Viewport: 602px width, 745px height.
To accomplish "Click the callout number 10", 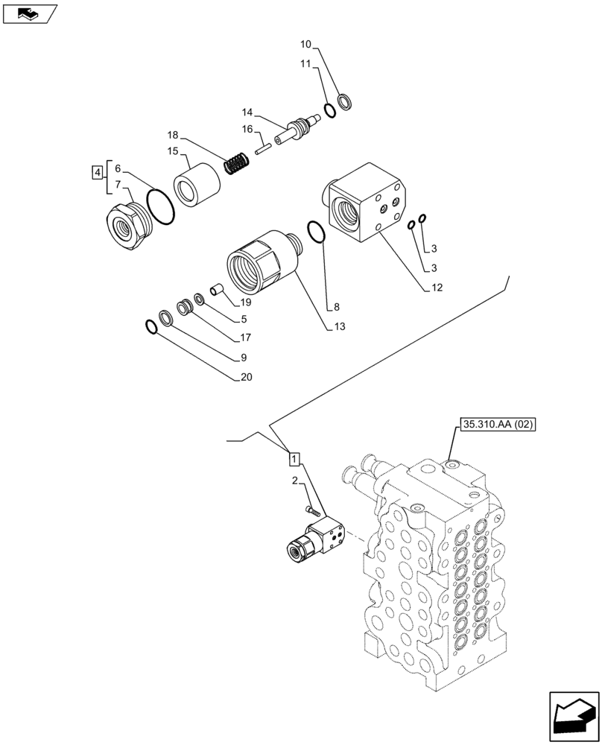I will pyautogui.click(x=306, y=45).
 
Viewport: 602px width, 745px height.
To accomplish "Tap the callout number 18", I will pyautogui.click(x=173, y=135).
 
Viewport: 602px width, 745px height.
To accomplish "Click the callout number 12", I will pyautogui.click(x=436, y=288).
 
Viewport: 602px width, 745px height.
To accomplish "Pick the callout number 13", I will pyautogui.click(x=340, y=326).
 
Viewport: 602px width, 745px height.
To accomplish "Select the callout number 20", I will pyautogui.click(x=246, y=377).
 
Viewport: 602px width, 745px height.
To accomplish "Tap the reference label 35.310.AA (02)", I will pyautogui.click(x=498, y=425).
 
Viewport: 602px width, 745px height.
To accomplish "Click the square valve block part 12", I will pyautogui.click(x=366, y=204).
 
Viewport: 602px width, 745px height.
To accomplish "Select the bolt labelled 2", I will pyautogui.click(x=312, y=511).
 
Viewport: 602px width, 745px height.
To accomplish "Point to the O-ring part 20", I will pyautogui.click(x=151, y=326).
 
